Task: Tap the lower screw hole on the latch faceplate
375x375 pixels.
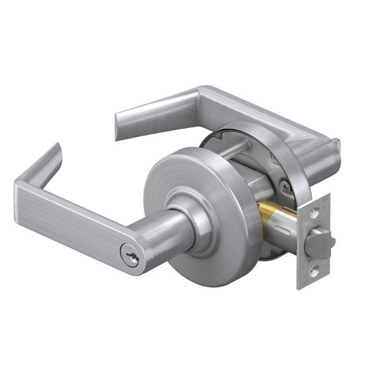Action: point(314,273)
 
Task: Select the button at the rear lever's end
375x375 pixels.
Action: point(336,144)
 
